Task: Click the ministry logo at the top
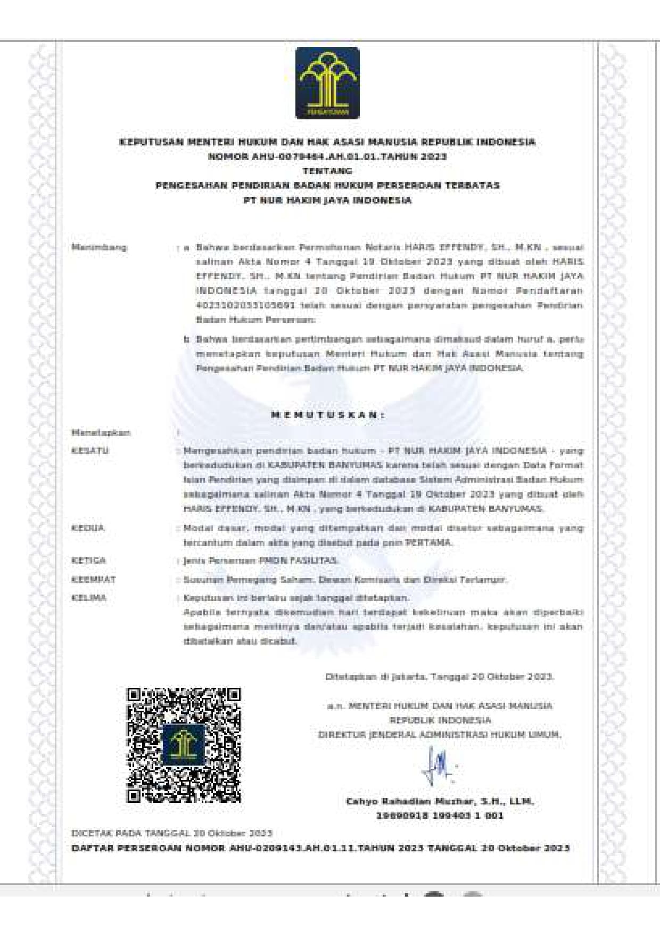pyautogui.click(x=327, y=83)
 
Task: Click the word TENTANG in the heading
pyautogui.click(x=327, y=171)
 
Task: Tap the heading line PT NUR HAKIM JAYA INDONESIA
pyautogui.click(x=327, y=200)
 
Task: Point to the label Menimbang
pyautogui.click(x=100, y=247)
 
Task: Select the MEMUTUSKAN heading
pyautogui.click(x=327, y=415)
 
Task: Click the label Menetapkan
pyautogui.click(x=101, y=433)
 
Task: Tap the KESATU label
pyautogui.click(x=90, y=451)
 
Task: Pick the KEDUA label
pyautogui.click(x=88, y=528)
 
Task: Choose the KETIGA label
pyautogui.click(x=89, y=560)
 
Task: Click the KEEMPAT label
pyautogui.click(x=94, y=579)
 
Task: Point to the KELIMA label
pyautogui.click(x=89, y=598)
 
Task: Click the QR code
pyautogui.click(x=184, y=745)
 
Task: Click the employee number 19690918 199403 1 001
pyautogui.click(x=440, y=816)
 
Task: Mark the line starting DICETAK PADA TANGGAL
pyautogui.click(x=172, y=833)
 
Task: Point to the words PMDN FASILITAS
pyautogui.click(x=298, y=560)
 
